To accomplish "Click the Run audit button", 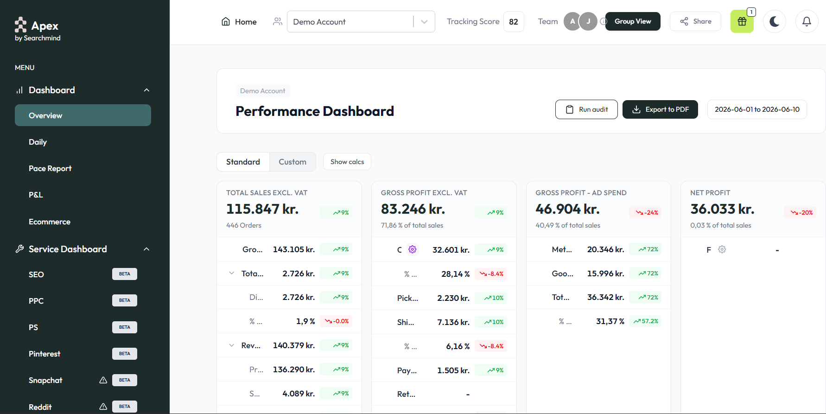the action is click(586, 109).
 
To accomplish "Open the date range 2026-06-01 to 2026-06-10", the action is click(757, 109).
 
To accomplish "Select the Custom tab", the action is click(292, 162).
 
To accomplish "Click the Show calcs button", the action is click(347, 162).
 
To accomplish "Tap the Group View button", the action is click(633, 21).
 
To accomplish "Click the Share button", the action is click(695, 21).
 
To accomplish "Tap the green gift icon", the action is click(742, 21).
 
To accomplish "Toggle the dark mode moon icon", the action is click(774, 21).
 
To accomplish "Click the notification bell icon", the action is click(807, 21).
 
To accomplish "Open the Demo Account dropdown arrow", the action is click(424, 22).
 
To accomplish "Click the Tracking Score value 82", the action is click(514, 22).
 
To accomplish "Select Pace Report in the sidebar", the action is click(50, 168).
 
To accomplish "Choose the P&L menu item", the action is click(36, 195).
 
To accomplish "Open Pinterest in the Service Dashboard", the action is click(44, 354).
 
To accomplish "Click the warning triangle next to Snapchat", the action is click(103, 380).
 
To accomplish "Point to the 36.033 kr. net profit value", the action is click(722, 209).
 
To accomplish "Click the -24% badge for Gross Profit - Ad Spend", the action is click(647, 213).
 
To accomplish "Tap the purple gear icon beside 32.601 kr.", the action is click(413, 249).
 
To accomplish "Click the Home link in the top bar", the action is click(239, 22).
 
